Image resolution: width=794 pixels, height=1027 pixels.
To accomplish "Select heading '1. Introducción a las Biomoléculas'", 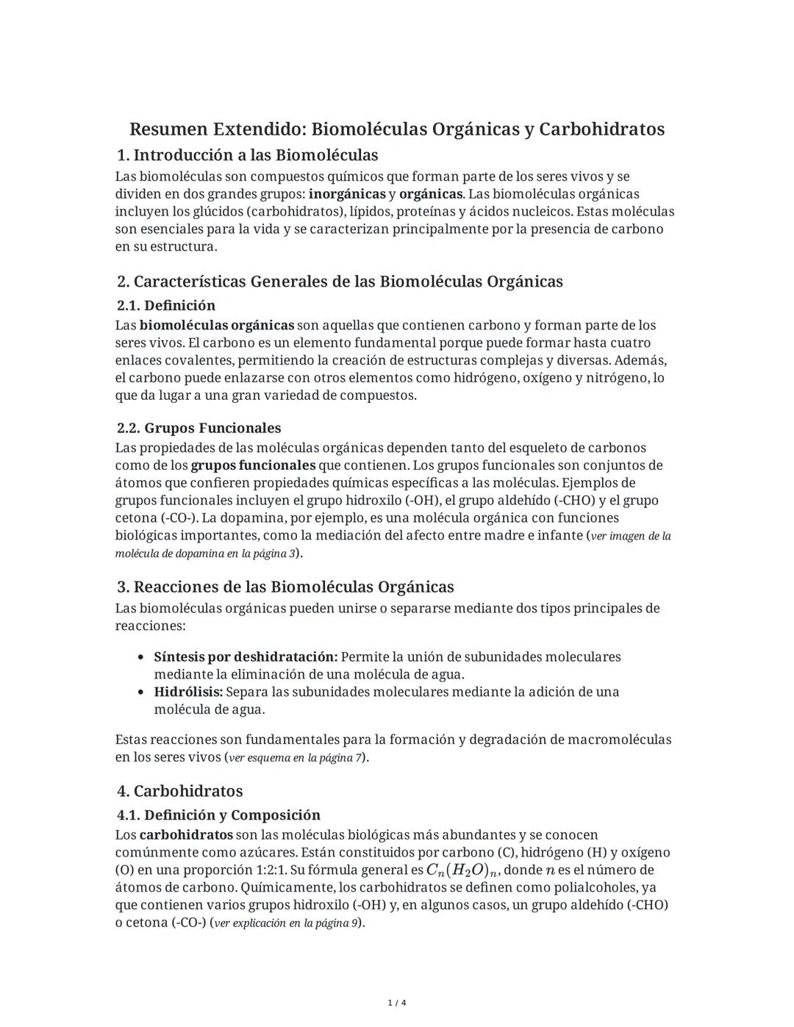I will point(248,155).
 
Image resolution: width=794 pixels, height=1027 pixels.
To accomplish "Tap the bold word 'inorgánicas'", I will point(347,194).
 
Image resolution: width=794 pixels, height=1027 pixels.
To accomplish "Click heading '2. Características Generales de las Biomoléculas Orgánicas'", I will point(340,282).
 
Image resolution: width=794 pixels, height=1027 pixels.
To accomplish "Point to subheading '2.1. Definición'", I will point(166,305).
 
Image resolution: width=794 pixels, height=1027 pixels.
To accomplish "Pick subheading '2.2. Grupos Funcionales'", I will point(199,428).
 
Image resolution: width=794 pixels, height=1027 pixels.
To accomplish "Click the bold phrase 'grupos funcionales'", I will point(253,465).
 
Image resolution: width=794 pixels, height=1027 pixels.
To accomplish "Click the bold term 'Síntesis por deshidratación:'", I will point(246,656).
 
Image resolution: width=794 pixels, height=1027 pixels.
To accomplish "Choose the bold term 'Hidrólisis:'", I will point(188,692).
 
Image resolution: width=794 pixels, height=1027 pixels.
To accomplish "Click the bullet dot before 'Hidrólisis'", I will point(140,692).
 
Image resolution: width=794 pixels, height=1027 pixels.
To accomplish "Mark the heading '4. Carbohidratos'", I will point(180,791).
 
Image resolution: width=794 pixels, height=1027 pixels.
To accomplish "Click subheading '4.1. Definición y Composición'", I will point(219,815).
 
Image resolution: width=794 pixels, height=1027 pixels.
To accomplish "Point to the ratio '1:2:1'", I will point(259,870).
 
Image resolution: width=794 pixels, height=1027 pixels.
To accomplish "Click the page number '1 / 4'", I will point(397,1003).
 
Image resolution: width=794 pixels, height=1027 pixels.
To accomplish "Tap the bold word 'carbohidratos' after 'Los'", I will point(186,835).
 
